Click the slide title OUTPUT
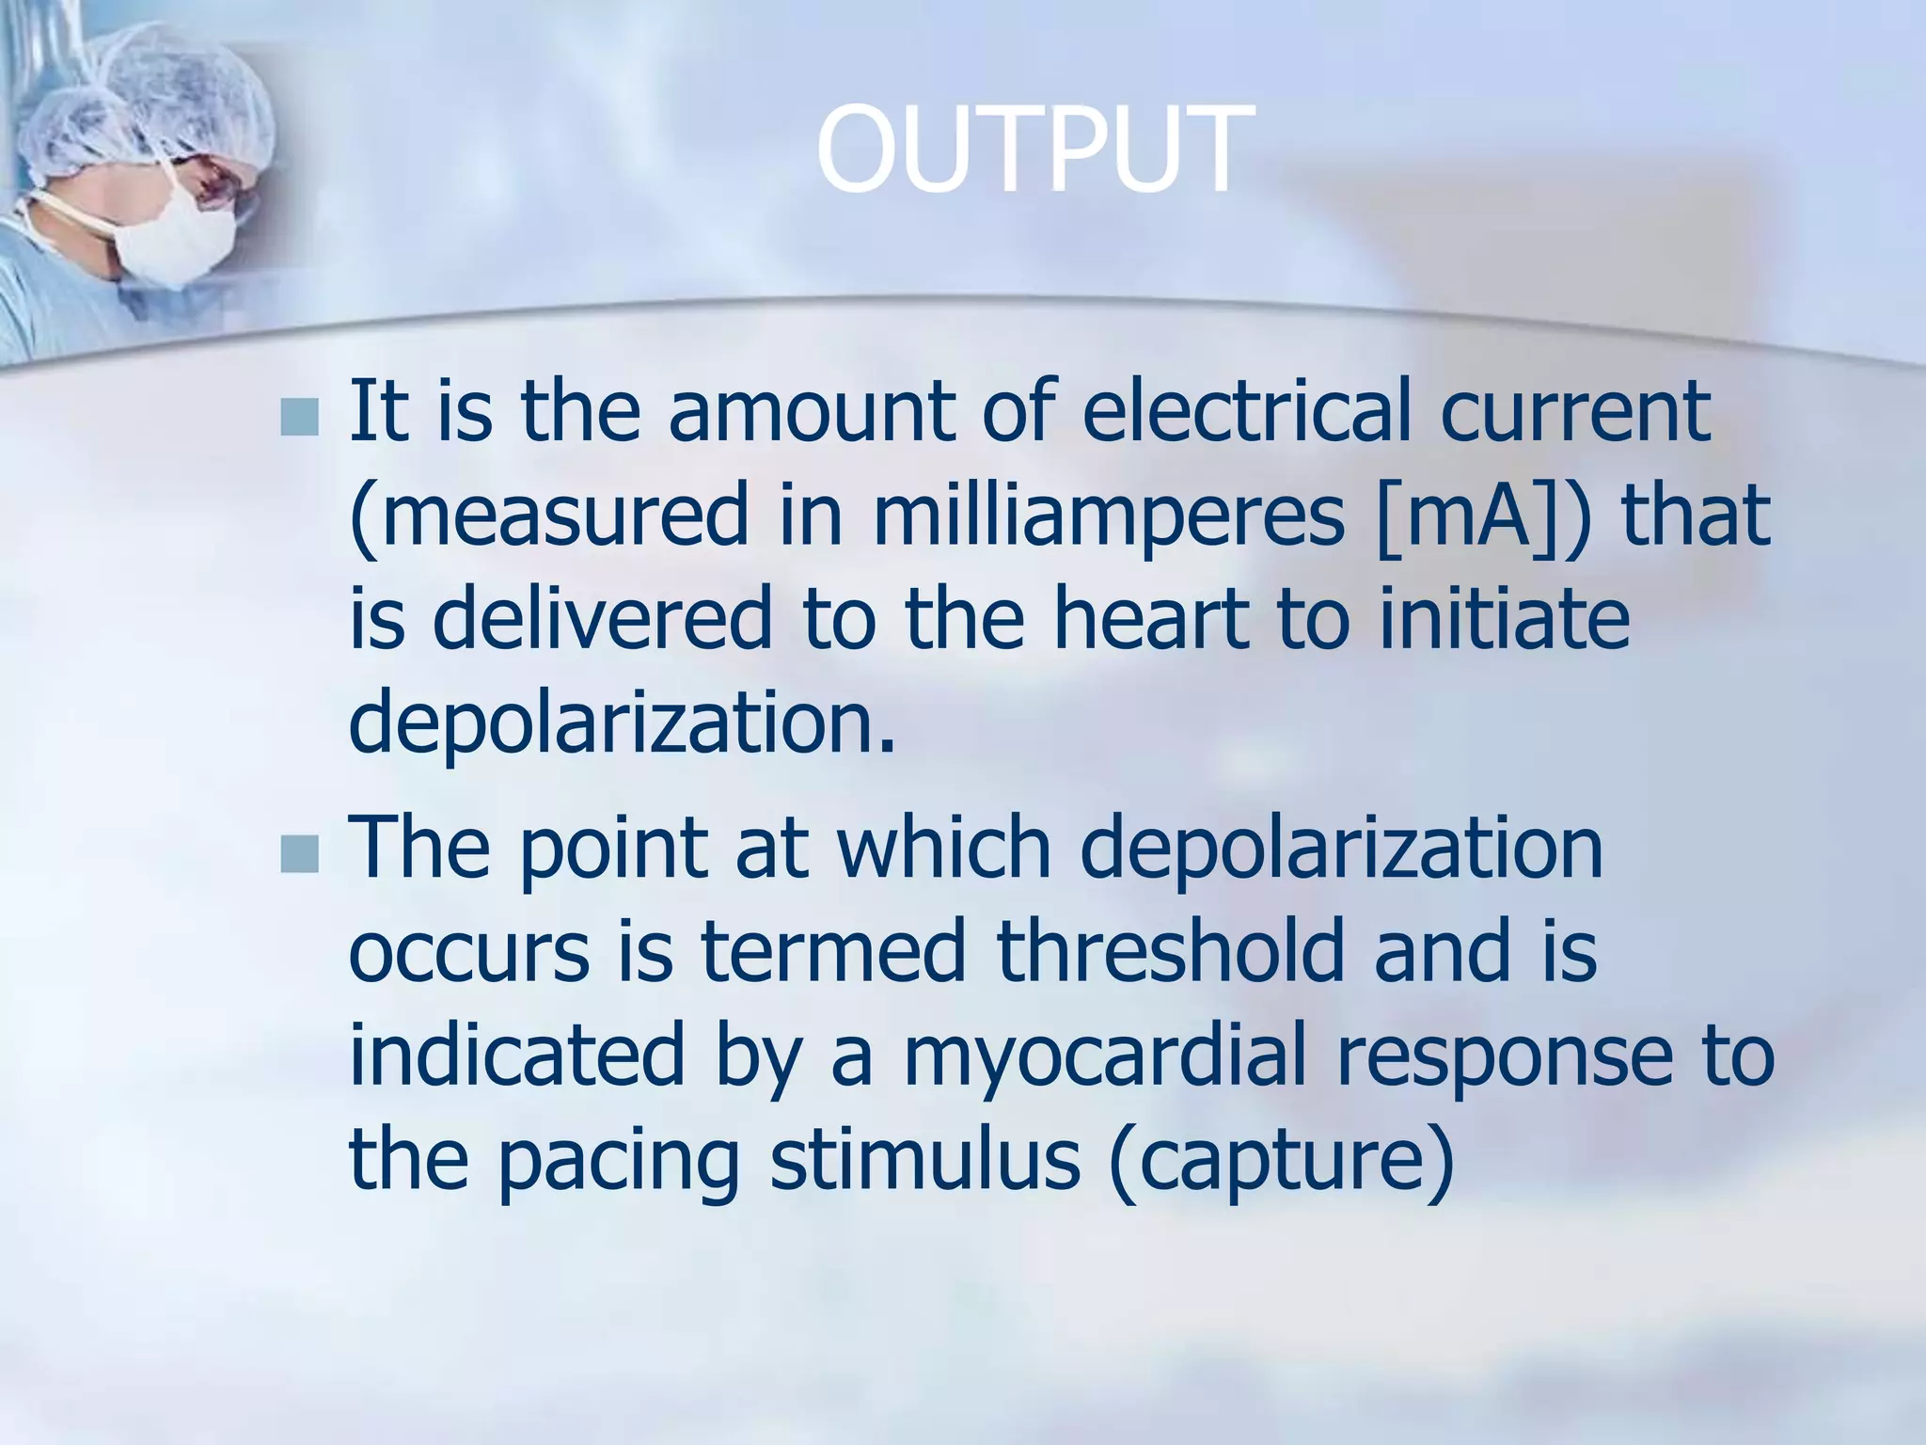[1034, 151]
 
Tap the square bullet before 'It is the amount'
[300, 417]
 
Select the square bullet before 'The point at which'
[300, 853]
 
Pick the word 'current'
[1575, 414]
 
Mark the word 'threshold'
[1170, 951]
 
